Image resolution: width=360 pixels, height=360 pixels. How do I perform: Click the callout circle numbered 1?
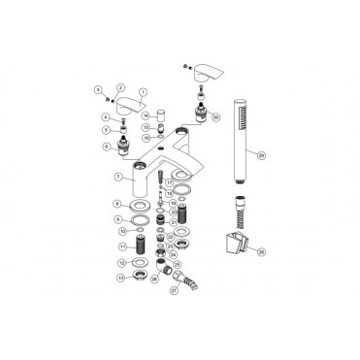(143, 92)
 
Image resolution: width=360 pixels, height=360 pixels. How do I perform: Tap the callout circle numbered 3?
(98, 89)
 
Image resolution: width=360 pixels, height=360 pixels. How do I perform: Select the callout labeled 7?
(117, 178)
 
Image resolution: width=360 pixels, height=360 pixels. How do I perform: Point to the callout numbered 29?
(261, 154)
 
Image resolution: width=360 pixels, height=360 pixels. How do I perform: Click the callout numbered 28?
(261, 249)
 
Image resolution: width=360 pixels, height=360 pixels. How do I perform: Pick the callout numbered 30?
(215, 116)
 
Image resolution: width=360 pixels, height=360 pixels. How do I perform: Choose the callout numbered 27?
(175, 290)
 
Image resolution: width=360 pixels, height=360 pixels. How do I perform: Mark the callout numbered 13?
(118, 278)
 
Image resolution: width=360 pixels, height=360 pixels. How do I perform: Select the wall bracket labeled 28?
(235, 242)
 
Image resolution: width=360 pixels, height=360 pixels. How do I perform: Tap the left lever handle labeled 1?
(128, 103)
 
